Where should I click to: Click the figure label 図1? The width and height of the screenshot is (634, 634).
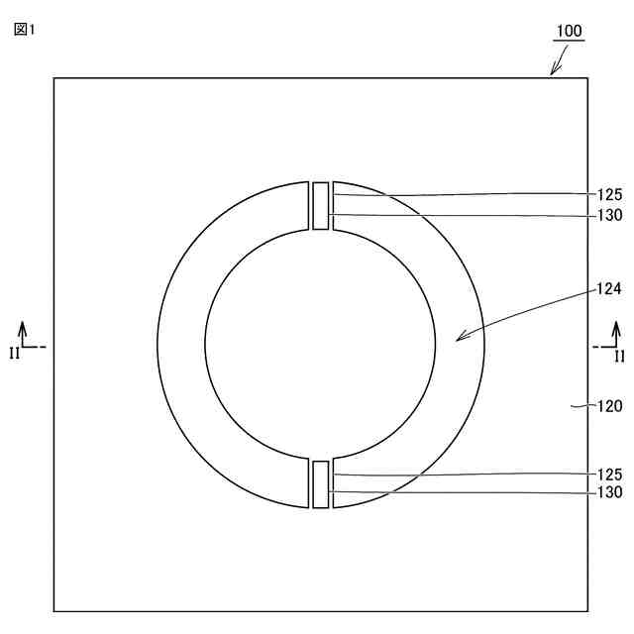[24, 30]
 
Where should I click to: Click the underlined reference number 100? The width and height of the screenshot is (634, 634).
[570, 31]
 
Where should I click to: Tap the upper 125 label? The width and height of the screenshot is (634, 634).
[610, 195]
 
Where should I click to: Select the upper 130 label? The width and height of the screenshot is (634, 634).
[610, 215]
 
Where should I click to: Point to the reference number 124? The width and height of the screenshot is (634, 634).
[609, 288]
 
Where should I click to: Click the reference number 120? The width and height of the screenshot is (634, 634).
[610, 406]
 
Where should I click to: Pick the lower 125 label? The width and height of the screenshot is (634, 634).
[610, 475]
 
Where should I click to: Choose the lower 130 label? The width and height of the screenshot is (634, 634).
[610, 492]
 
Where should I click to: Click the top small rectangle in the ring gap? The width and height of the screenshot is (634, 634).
[321, 206]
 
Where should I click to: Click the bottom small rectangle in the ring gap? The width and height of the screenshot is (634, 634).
[321, 484]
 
